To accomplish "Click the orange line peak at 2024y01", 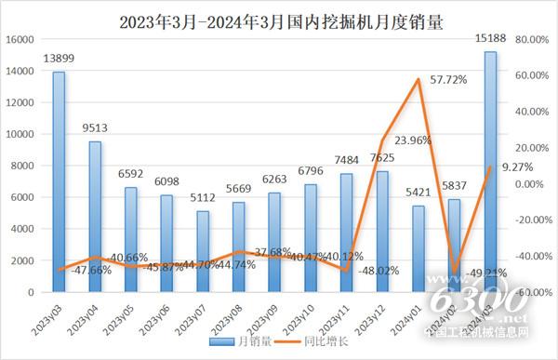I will [x=418, y=80].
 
